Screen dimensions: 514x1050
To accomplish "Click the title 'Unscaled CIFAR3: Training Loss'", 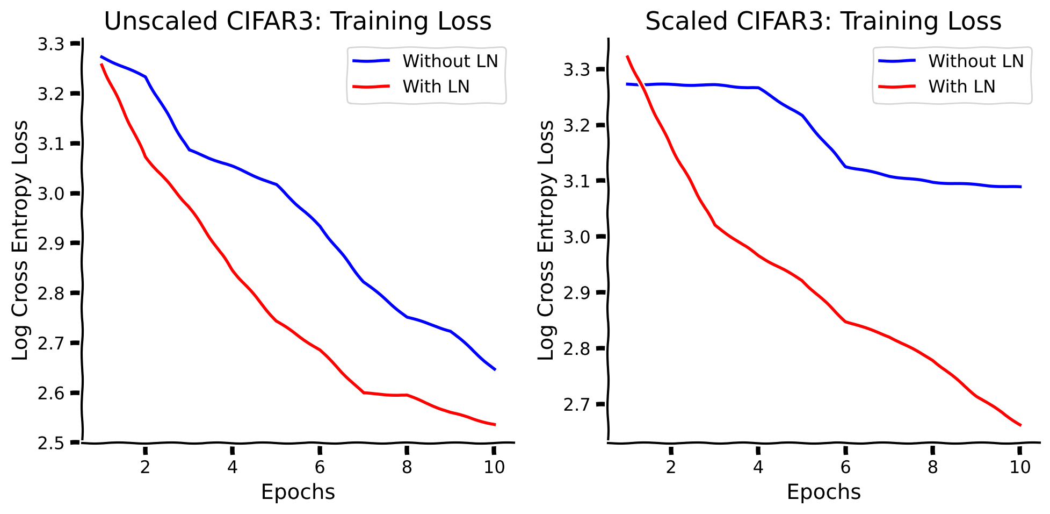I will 298,22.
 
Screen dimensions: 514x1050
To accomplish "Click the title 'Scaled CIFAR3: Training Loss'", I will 823,22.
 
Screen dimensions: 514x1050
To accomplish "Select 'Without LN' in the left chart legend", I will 450,61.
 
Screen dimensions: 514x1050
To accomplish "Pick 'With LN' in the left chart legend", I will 436,87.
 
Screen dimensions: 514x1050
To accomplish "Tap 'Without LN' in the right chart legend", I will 976,61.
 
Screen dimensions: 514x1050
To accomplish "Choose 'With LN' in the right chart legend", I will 961,87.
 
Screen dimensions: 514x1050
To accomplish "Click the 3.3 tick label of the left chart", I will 50,44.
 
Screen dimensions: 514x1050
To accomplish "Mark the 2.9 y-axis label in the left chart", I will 50,244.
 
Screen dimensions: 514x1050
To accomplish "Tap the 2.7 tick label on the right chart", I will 576,404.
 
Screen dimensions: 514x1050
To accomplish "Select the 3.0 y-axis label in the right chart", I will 576,237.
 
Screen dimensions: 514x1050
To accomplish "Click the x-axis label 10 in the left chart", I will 494,467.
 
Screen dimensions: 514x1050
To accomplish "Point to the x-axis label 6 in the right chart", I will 845,467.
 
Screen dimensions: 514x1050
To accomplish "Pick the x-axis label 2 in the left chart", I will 145,467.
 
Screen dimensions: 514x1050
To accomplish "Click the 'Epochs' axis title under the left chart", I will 298,492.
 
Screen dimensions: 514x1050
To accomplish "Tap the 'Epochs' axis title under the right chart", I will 823,492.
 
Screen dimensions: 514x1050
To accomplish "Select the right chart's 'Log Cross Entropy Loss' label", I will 546,240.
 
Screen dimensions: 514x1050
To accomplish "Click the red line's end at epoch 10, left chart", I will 495,425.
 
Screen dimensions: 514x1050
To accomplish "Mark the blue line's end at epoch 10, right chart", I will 1020,187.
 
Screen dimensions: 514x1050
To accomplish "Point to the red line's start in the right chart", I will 627,56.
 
